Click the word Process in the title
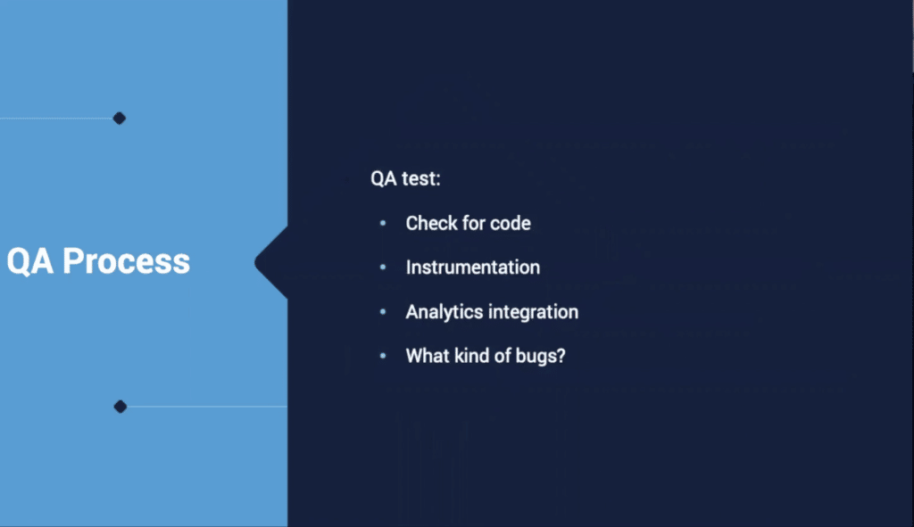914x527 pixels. point(126,261)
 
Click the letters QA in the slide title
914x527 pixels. point(30,261)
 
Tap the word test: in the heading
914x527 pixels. point(421,178)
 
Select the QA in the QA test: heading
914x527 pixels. point(384,178)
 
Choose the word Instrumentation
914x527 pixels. point(473,268)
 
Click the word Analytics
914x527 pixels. point(445,312)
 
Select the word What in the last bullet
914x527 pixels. point(428,356)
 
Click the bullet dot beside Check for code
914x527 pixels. point(383,223)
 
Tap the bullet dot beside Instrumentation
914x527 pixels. point(383,268)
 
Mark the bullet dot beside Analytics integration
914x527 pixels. point(383,311)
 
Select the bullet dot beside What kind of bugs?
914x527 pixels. point(383,356)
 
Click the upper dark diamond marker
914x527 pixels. point(120,119)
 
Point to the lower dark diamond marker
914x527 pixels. point(120,407)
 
